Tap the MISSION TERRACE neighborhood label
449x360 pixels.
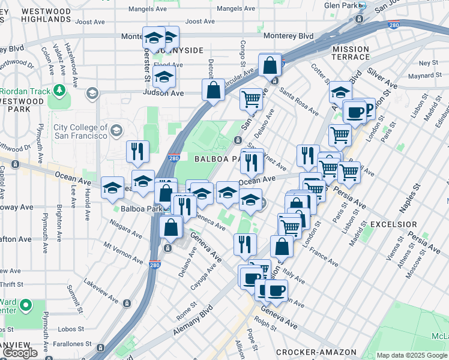point(351,53)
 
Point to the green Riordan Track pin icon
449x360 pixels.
point(59,90)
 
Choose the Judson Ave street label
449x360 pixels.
point(163,93)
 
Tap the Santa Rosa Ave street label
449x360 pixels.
point(299,100)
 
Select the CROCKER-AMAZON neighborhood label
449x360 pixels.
point(316,352)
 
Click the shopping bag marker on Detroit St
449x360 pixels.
point(213,91)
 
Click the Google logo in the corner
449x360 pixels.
point(20,353)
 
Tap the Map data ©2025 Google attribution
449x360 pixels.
point(412,355)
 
